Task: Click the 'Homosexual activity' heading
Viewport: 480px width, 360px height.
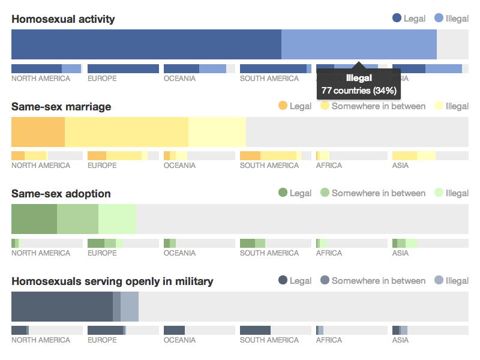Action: (63, 19)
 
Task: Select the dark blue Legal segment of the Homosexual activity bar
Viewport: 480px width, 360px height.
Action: (146, 44)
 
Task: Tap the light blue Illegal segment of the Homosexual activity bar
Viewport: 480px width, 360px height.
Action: (359, 44)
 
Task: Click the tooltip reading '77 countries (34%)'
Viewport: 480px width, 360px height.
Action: (358, 91)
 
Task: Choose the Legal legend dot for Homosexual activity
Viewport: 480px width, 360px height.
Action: (397, 19)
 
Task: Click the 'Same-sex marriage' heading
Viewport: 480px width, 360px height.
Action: (61, 107)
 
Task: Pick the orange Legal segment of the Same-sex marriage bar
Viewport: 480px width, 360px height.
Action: (38, 132)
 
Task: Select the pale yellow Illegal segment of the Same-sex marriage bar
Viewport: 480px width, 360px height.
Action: (217, 132)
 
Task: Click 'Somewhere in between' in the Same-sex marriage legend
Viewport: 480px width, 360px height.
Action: (378, 106)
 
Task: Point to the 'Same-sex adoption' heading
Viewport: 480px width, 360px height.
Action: (61, 194)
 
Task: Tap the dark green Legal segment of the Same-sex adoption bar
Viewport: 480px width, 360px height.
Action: (34, 219)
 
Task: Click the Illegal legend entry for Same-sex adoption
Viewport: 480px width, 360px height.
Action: (457, 193)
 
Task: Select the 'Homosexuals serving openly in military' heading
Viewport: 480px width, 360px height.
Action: (112, 281)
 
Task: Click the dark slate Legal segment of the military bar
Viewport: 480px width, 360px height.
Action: (62, 307)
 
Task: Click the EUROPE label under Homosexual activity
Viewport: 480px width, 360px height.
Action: (102, 79)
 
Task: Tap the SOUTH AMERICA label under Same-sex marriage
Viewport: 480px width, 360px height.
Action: (269, 166)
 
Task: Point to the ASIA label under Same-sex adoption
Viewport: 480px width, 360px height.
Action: (400, 253)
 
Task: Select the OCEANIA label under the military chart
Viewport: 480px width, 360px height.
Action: (179, 340)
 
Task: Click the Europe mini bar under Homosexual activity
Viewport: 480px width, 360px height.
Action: (123, 69)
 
